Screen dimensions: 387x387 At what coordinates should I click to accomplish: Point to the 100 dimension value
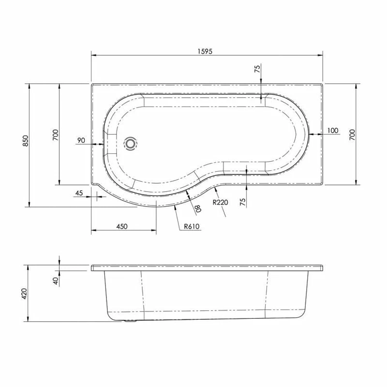tap(333, 131)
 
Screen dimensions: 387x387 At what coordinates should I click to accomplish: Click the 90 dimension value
tap(81, 140)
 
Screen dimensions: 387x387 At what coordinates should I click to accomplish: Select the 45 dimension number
tap(79, 193)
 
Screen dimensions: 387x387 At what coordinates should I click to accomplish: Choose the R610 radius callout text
tap(192, 226)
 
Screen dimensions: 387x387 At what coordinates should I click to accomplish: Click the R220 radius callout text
tap(220, 203)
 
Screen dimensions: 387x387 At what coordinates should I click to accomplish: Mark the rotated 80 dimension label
tap(198, 208)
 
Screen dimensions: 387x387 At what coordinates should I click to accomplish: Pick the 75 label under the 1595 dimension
tap(257, 69)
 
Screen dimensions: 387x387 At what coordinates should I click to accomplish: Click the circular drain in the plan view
tap(131, 144)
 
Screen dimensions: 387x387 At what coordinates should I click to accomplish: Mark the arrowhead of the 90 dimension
tap(103, 144)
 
